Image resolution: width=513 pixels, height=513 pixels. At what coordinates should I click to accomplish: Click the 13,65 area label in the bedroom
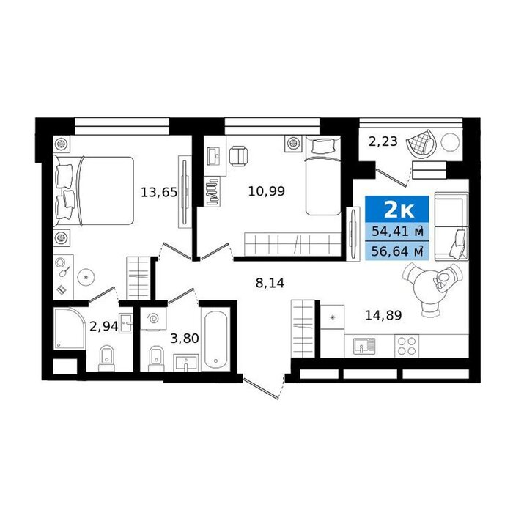click(x=159, y=192)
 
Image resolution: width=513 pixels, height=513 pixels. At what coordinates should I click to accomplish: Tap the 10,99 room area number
click(x=267, y=191)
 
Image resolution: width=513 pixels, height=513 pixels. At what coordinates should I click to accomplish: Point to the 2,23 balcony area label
click(x=383, y=141)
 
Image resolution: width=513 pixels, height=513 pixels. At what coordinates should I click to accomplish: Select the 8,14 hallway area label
click(x=270, y=283)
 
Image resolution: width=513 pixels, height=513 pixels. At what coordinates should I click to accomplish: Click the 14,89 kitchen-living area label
click(x=383, y=315)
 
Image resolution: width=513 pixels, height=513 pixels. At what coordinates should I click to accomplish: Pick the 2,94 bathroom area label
click(x=104, y=327)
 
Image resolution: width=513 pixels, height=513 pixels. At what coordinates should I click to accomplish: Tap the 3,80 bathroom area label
click(x=185, y=339)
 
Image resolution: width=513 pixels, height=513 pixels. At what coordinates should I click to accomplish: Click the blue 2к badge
click(x=397, y=210)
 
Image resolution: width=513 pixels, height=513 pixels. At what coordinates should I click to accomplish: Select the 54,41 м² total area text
click(x=397, y=232)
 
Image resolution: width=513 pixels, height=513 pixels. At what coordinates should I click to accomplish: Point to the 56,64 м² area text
click(x=397, y=251)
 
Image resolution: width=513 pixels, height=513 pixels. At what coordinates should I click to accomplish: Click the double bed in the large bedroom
click(x=95, y=191)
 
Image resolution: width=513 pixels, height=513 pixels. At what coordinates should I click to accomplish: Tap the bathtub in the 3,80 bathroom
click(x=215, y=339)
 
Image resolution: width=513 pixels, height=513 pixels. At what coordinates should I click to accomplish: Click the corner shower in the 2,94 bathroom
click(x=69, y=328)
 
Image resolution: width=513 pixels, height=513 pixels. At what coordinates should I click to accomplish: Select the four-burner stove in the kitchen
click(x=407, y=346)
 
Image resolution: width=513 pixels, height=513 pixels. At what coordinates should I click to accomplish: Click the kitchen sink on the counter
click(x=364, y=347)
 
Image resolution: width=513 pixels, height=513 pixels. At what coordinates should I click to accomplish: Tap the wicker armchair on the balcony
click(x=421, y=143)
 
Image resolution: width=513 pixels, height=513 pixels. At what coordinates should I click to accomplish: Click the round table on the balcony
click(x=450, y=142)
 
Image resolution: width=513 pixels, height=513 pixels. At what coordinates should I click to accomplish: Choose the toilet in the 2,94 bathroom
click(x=107, y=358)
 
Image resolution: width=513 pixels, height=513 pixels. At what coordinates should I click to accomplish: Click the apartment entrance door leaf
click(x=261, y=388)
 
